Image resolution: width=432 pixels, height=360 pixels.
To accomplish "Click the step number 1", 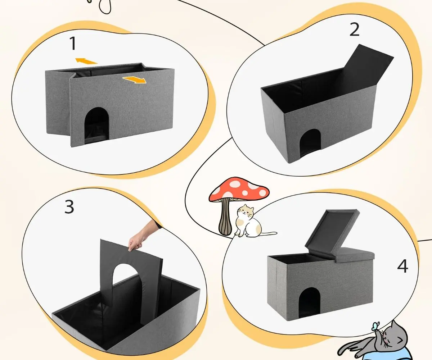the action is coord(73,44).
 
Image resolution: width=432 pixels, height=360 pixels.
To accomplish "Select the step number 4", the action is coord(402,266).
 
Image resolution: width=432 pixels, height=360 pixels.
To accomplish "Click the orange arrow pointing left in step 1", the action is coord(86,61).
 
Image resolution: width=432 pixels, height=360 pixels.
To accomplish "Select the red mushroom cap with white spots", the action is coord(239,189).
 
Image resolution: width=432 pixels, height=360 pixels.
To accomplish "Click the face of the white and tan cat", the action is coord(246,212).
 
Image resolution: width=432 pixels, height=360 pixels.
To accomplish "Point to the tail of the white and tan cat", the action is coord(267,233).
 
